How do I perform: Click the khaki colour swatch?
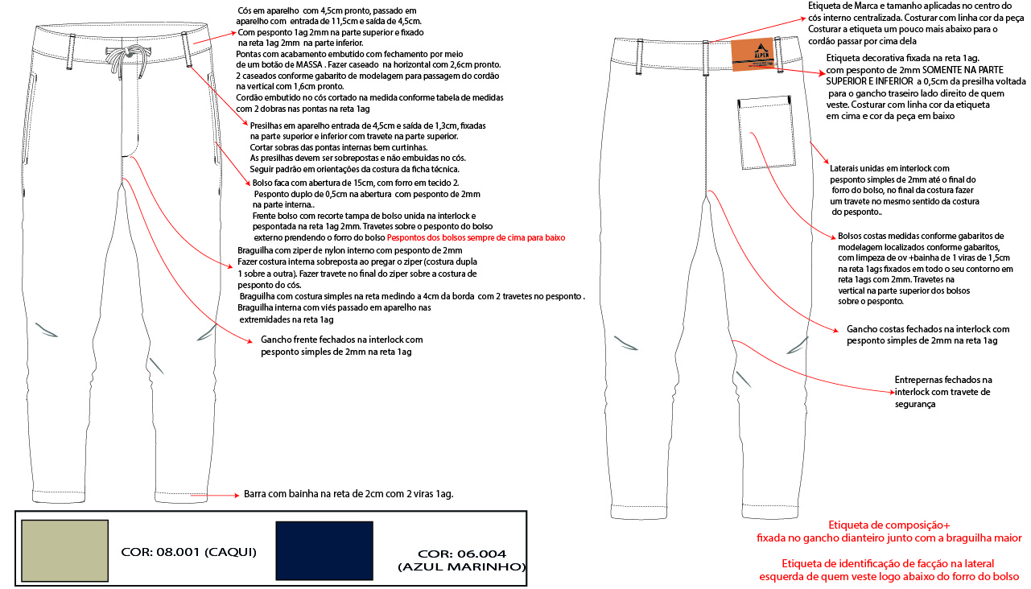65,550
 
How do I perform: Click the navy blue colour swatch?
324,550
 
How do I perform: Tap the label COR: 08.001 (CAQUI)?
188,552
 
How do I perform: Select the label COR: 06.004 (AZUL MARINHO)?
462,560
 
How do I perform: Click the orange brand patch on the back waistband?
753,54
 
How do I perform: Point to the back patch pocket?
766,133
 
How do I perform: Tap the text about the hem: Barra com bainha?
348,494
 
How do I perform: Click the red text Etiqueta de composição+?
889,525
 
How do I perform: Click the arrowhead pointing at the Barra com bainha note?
236,495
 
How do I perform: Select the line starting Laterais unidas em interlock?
889,168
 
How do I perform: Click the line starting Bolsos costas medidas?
921,236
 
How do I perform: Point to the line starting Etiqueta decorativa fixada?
902,59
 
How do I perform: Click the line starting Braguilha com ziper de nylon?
350,250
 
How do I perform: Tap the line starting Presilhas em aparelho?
368,126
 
